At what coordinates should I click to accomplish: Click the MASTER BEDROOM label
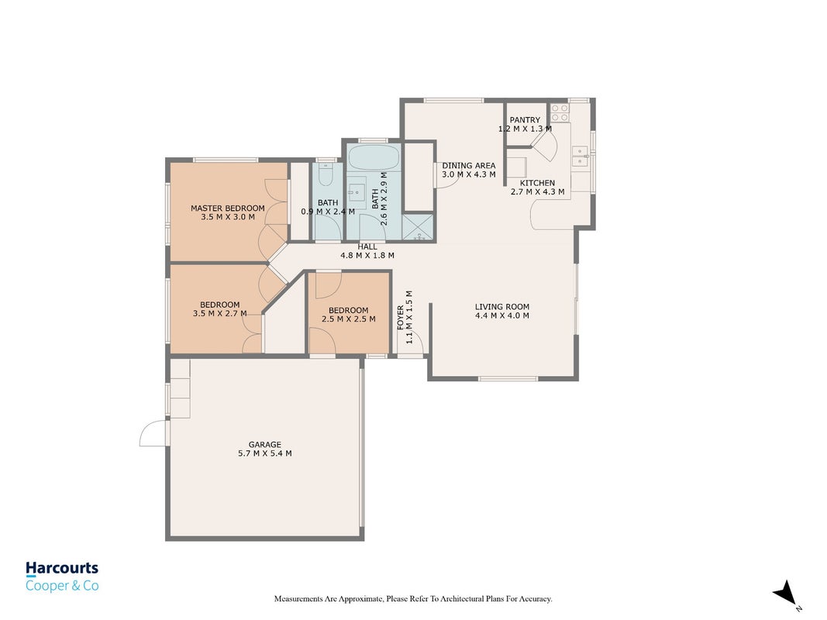click(227, 208)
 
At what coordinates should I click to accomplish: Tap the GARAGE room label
click(265, 444)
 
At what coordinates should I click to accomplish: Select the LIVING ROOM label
click(501, 307)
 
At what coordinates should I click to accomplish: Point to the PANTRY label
click(525, 120)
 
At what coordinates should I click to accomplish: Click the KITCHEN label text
click(537, 183)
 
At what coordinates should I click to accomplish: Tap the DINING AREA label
click(468, 166)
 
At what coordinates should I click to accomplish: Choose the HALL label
click(367, 246)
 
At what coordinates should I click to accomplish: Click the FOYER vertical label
click(400, 318)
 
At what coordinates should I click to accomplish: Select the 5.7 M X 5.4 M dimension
click(265, 453)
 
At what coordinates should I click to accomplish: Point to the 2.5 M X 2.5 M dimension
click(349, 319)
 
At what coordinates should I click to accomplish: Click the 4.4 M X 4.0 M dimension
click(501, 315)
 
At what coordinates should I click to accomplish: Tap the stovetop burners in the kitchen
click(560, 112)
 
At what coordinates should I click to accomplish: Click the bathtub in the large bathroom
click(374, 157)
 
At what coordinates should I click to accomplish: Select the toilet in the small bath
click(326, 174)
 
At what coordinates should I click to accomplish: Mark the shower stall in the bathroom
click(418, 227)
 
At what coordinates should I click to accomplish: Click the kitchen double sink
click(580, 156)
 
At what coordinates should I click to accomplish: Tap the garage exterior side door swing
click(153, 433)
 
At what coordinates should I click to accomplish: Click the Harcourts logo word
click(62, 568)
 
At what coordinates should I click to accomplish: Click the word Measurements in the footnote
click(298, 599)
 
